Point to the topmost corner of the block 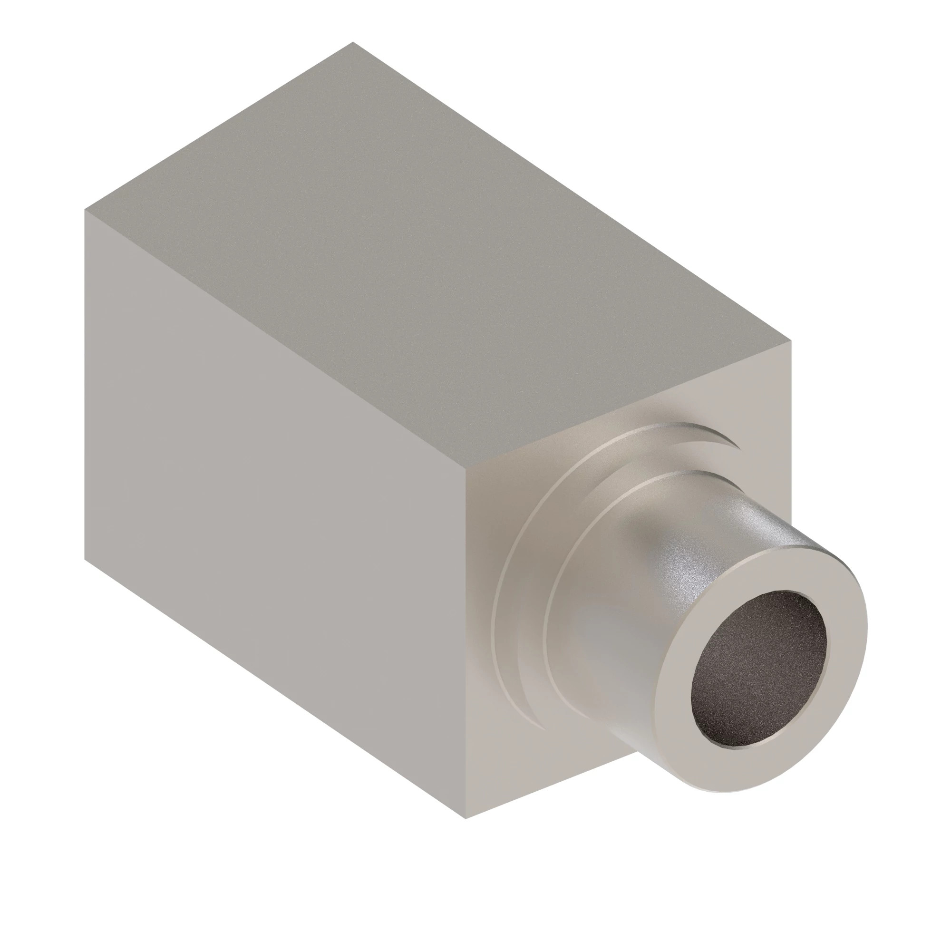click(x=352, y=42)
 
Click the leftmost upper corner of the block click(x=85, y=210)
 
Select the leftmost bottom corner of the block click(x=85, y=560)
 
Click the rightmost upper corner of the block click(x=791, y=340)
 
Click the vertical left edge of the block click(x=85, y=384)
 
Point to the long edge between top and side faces click(x=276, y=340)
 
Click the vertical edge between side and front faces click(x=466, y=640)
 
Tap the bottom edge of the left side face click(x=276, y=689)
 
